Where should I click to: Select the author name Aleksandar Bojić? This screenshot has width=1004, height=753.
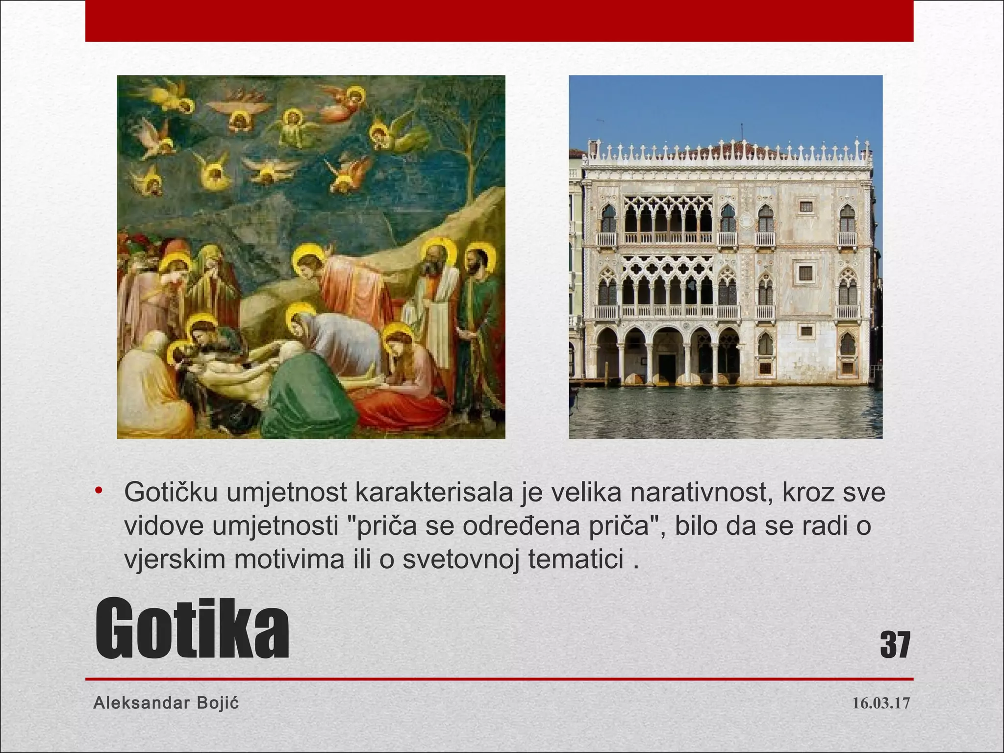click(x=166, y=703)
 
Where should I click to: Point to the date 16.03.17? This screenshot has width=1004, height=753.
click(x=881, y=703)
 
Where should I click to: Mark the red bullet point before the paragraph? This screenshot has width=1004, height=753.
click(x=99, y=490)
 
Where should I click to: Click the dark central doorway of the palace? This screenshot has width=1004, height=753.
click(x=667, y=365)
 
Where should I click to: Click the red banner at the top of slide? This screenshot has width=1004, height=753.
click(x=499, y=21)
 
